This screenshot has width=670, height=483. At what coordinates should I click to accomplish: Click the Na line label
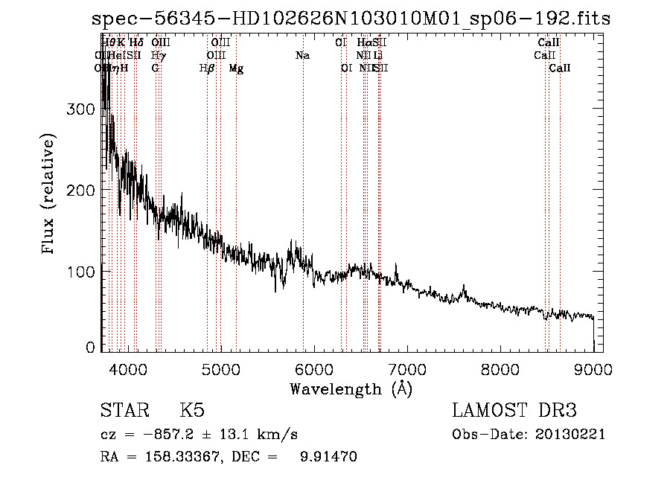302,56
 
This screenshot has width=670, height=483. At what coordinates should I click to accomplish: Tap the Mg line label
236,68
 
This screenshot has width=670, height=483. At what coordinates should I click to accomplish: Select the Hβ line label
207,68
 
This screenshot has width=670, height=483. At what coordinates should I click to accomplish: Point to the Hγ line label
158,56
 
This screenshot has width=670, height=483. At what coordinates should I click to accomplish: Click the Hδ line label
136,43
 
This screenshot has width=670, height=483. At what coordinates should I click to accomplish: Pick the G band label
155,68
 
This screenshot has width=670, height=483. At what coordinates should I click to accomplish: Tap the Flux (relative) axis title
50,196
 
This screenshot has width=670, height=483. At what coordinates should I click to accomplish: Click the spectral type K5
192,411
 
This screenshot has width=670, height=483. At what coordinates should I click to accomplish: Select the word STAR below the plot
124,411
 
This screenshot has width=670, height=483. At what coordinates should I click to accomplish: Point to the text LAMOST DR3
514,411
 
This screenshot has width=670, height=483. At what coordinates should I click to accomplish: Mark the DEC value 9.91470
328,457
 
